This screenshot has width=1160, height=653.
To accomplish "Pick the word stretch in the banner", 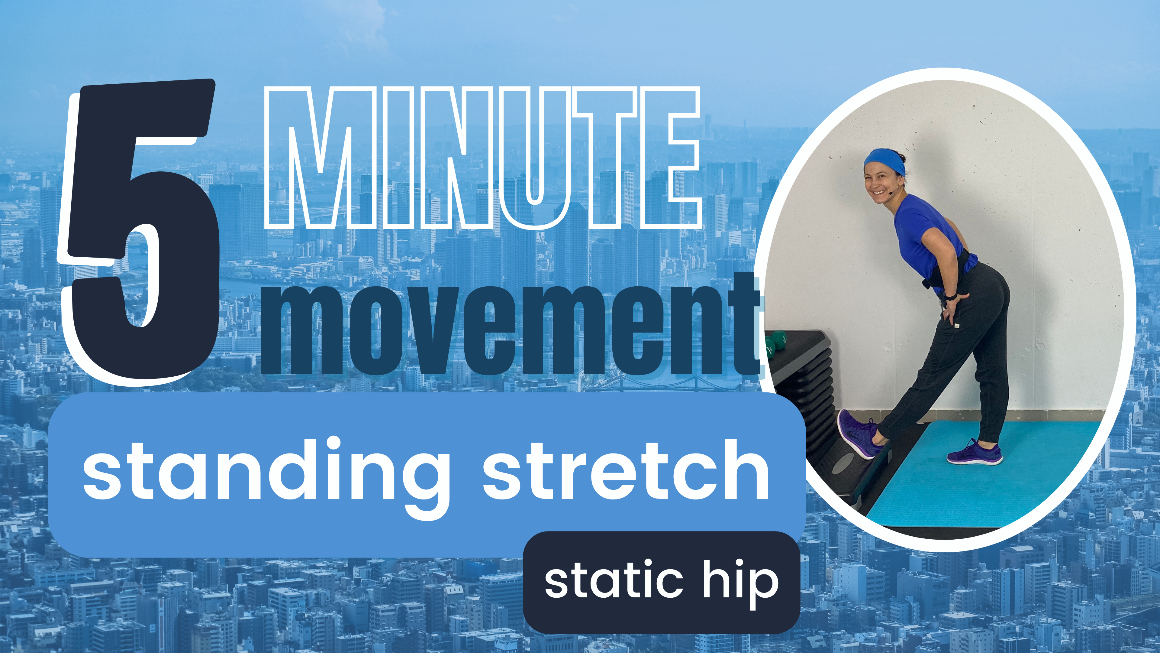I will click(x=626, y=471).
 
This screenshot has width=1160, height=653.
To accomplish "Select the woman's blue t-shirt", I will click(x=923, y=234).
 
